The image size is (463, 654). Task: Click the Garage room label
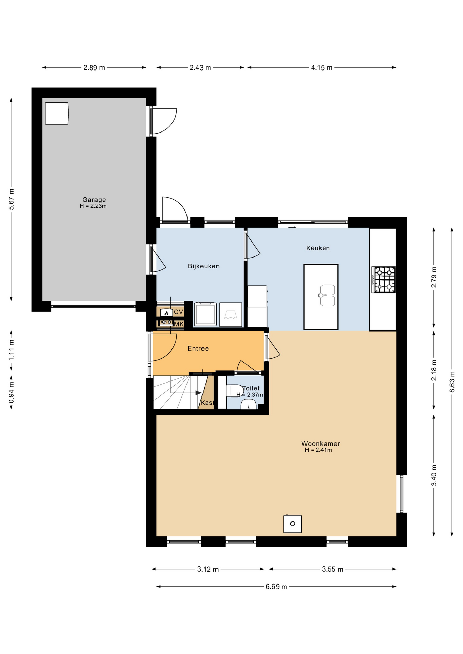click(94, 200)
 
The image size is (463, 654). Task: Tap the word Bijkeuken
click(204, 266)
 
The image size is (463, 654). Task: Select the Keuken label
click(318, 248)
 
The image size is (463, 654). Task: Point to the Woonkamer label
click(320, 443)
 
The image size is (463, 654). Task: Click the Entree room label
click(198, 348)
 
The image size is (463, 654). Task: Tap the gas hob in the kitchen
click(384, 280)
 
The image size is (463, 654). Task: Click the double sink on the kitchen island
click(327, 295)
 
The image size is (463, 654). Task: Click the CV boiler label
click(179, 312)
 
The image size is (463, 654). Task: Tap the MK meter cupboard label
click(179, 324)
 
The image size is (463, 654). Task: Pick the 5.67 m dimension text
click(11, 199)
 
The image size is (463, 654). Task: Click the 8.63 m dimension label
click(452, 381)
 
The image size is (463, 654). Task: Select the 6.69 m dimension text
click(276, 587)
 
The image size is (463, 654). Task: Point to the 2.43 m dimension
click(200, 67)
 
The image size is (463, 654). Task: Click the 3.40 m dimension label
click(434, 476)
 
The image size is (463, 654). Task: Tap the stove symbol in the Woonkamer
click(293, 524)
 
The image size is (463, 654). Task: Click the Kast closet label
click(207, 403)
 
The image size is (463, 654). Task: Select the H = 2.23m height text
click(93, 206)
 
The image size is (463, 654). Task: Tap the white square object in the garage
click(57, 113)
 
